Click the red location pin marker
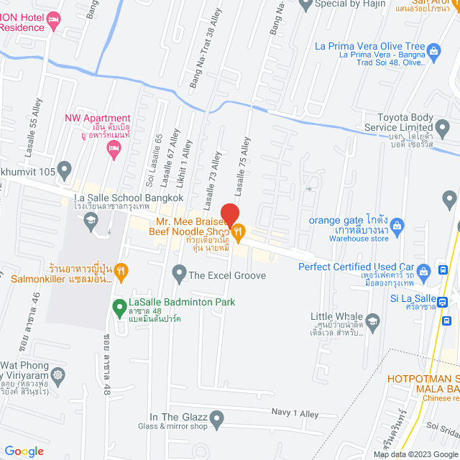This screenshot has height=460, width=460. tap(229, 214)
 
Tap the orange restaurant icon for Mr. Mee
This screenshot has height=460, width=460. tap(239, 231)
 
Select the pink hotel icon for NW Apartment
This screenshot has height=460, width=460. tap(113, 149)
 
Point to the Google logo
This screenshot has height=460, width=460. tap(24, 451)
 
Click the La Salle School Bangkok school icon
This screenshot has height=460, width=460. tap(91, 221)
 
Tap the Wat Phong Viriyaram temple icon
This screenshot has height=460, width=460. tap(58, 374)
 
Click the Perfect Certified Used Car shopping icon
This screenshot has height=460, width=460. tap(423, 271)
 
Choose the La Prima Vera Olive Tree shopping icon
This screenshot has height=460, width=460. tap(433, 50)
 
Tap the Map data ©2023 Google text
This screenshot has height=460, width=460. tap(414, 454)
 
